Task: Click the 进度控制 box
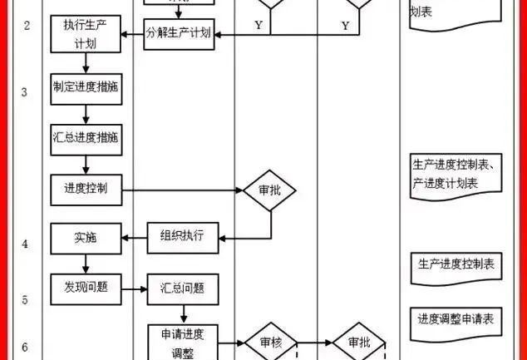86,188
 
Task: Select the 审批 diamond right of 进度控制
269,190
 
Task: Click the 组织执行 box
182,238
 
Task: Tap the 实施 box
86,238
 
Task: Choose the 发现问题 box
86,288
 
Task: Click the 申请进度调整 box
182,341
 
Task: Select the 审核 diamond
269,342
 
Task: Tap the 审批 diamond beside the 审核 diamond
358,342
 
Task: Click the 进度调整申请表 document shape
456,318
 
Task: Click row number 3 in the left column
25,91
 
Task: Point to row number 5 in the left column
25,298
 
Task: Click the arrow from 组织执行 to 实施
135,239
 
